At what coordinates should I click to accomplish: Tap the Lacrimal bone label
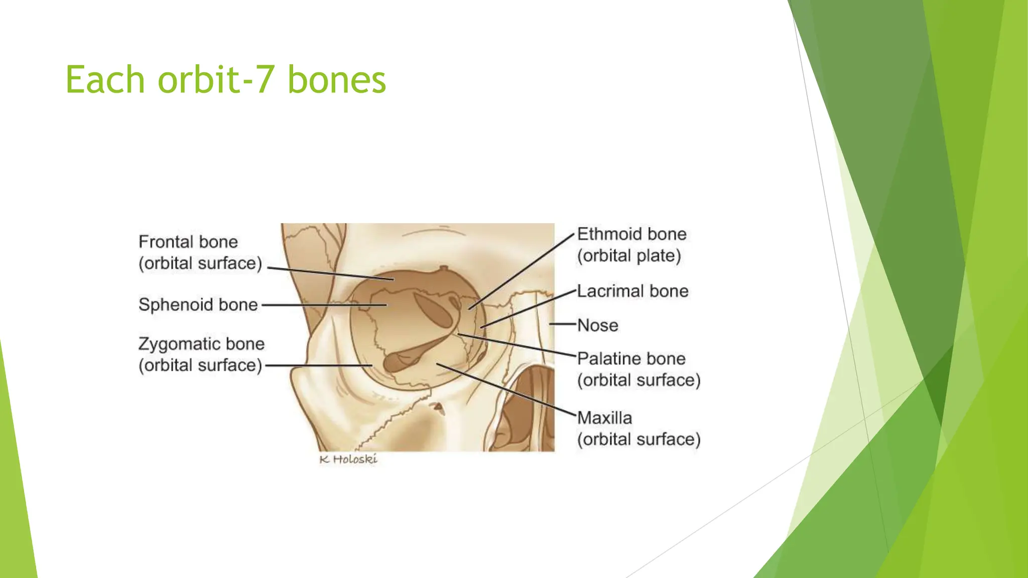(x=632, y=291)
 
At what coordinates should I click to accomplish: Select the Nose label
(x=597, y=325)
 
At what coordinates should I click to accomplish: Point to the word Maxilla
(x=604, y=418)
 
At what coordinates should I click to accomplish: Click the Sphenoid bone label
(x=198, y=305)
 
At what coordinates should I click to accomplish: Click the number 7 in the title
(x=266, y=80)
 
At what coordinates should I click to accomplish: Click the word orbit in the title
(x=199, y=80)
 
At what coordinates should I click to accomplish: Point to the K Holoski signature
(x=348, y=459)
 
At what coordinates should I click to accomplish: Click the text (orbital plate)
(x=628, y=256)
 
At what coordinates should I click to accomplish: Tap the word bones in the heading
(x=336, y=80)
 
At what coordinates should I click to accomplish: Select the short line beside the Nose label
(x=562, y=324)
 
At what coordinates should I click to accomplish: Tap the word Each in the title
(x=105, y=80)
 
